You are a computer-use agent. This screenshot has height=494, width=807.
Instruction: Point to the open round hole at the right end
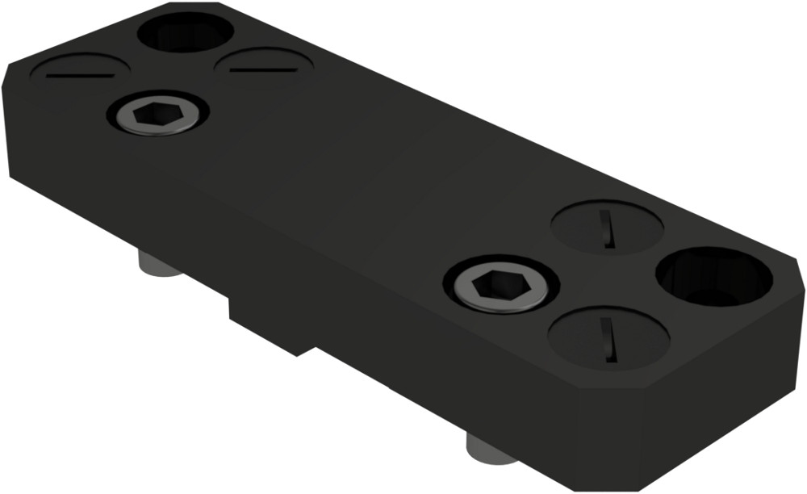click(714, 277)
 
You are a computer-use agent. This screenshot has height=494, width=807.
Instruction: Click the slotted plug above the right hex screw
click(607, 227)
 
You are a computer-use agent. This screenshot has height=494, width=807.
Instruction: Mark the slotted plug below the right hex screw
click(608, 337)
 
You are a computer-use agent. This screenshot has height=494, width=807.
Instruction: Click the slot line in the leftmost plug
click(80, 75)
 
